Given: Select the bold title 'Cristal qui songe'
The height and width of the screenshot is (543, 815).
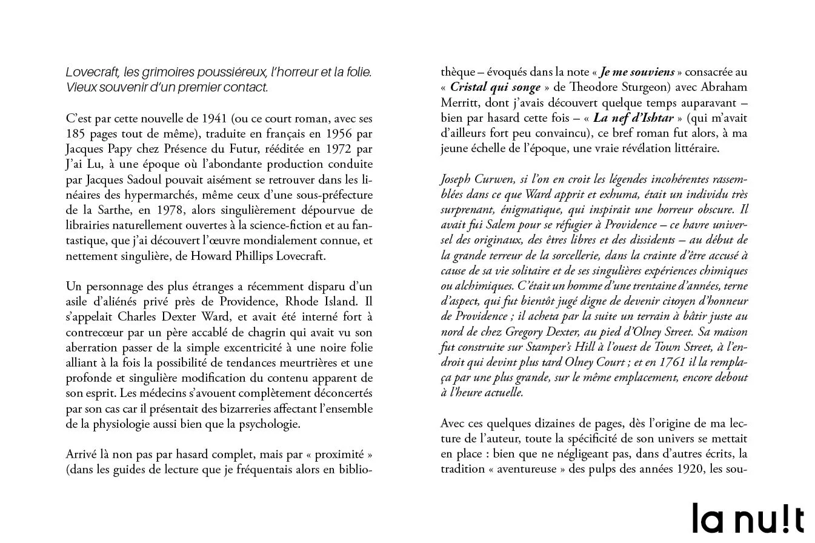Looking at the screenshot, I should point(495,88).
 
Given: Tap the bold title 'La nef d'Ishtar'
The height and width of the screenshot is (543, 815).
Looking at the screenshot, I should point(633,118).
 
